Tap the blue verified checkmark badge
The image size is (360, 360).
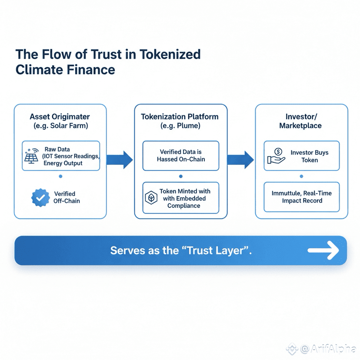pos(41,197)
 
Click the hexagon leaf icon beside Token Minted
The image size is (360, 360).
pos(150,198)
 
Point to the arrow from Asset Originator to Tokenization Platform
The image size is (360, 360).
pos(120,159)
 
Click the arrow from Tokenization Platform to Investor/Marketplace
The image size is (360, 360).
pos(240,159)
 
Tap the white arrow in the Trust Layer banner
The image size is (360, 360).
pos(323,250)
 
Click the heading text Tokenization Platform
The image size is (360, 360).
pos(180,117)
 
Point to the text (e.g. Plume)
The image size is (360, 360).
pos(180,126)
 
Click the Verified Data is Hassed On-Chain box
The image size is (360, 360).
pos(181,156)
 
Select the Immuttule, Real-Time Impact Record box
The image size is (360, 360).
pos(302,197)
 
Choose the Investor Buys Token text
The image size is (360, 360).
pos(309,157)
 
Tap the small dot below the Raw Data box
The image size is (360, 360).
pos(60,176)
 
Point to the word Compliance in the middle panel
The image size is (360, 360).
pos(184,206)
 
